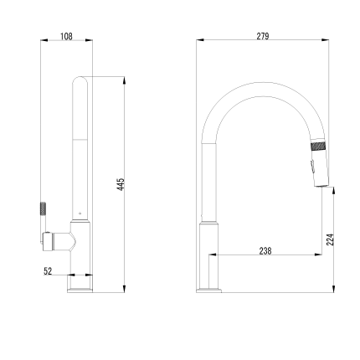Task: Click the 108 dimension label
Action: (x=66, y=36)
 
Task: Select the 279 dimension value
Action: (x=263, y=36)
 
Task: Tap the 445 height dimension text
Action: (x=121, y=184)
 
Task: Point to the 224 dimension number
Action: (x=330, y=239)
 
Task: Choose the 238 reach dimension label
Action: (x=265, y=251)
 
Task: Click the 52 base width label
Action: (x=48, y=271)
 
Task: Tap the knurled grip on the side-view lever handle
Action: (x=44, y=208)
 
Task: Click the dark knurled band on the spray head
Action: (x=318, y=146)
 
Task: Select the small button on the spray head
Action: (x=312, y=166)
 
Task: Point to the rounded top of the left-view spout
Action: (x=80, y=79)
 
